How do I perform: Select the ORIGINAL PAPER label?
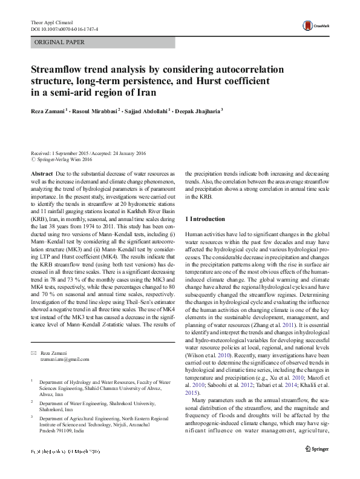pyautogui.click(x=60, y=42)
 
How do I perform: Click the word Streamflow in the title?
pyautogui.click(x=61, y=70)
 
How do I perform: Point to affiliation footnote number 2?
pyautogui.click(x=32, y=400)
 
